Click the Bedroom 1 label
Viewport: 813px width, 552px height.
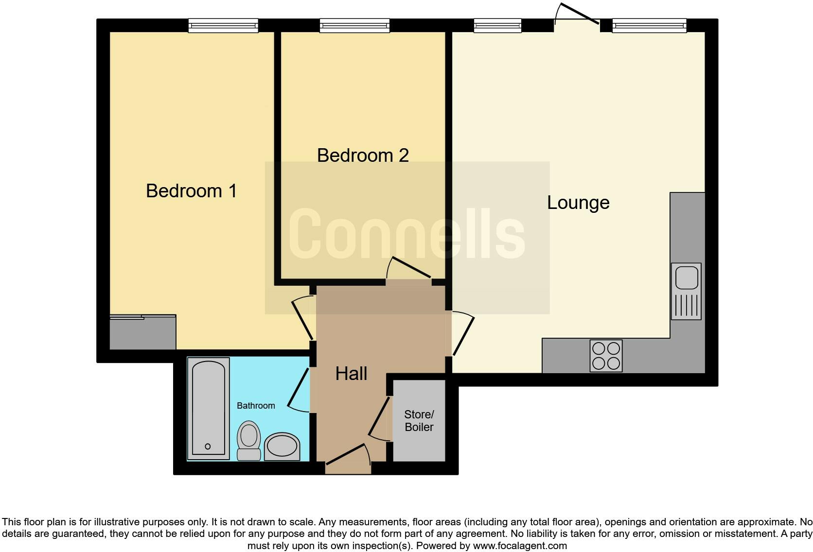point(191,190)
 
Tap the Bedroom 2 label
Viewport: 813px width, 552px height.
point(363,155)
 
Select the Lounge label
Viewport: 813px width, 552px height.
point(578,202)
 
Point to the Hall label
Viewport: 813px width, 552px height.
point(351,373)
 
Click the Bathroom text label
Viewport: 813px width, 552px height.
point(256,406)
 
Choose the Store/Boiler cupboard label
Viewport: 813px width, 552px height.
point(419,421)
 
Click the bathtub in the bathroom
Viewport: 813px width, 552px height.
point(208,408)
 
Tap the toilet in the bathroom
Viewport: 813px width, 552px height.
point(248,440)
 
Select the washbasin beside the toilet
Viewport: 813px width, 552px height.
point(282,446)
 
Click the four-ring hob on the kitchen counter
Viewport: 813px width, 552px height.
point(606,356)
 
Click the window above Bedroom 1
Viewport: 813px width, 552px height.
point(223,25)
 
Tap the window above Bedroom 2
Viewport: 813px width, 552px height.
point(354,25)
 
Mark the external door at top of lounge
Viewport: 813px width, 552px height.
point(577,17)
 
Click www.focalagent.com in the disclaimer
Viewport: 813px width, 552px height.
point(520,546)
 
